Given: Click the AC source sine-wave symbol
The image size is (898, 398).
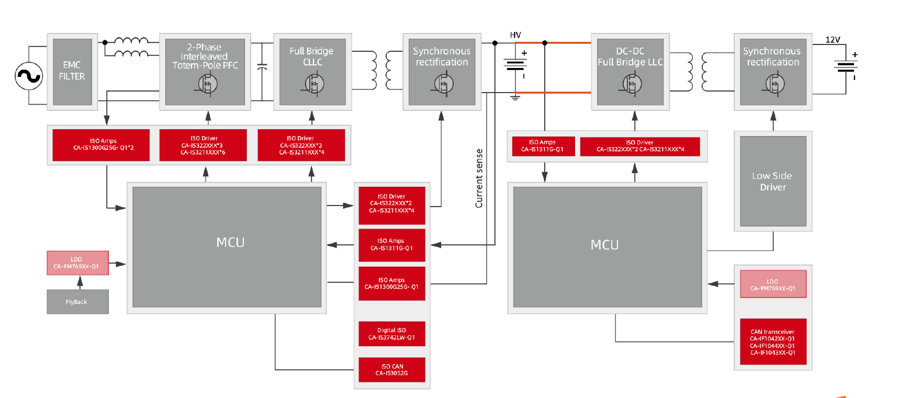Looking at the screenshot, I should (29, 76).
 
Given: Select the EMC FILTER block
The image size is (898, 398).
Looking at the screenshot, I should (72, 71).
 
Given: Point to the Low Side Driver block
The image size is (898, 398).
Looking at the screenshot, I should (772, 181).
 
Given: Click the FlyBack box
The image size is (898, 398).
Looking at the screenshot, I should (77, 302).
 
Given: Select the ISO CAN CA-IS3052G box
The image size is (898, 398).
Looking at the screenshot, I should (391, 370).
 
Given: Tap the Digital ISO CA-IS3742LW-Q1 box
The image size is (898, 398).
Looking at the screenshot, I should (391, 334).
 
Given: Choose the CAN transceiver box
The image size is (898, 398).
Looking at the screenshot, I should (773, 342).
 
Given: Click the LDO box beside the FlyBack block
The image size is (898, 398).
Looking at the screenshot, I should (77, 263).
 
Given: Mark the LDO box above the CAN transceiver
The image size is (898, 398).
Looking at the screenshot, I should (773, 284).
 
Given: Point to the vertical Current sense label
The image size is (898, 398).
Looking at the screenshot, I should (479, 178).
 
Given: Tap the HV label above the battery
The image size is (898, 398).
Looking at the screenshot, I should (515, 35).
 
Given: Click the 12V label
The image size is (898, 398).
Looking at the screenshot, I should (833, 40).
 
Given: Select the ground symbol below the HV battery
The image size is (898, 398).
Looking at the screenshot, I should (515, 96).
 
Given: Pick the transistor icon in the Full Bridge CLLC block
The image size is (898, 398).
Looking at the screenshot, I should (314, 84).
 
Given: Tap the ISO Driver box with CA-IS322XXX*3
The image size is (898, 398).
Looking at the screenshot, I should (203, 145).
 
